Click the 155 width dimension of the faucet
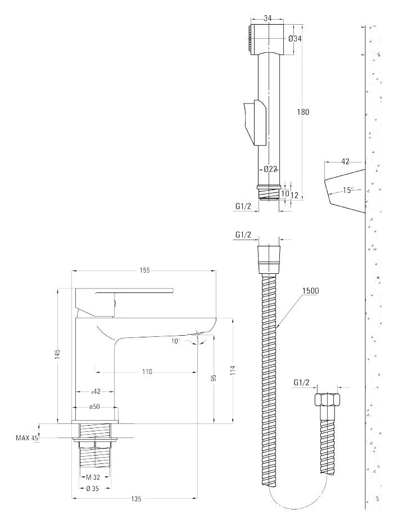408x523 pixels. coord(144,270)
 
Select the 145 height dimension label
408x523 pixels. coord(58,354)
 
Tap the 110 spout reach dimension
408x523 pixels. coord(147,372)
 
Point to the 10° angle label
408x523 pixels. coord(176,341)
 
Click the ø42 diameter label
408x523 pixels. coord(96,391)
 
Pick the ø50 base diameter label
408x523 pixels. coord(95,407)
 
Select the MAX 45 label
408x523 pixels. coord(27,438)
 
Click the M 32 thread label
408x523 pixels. coord(93,477)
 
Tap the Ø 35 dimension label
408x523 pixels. coord(92,489)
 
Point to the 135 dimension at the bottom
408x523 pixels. coord(135,499)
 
